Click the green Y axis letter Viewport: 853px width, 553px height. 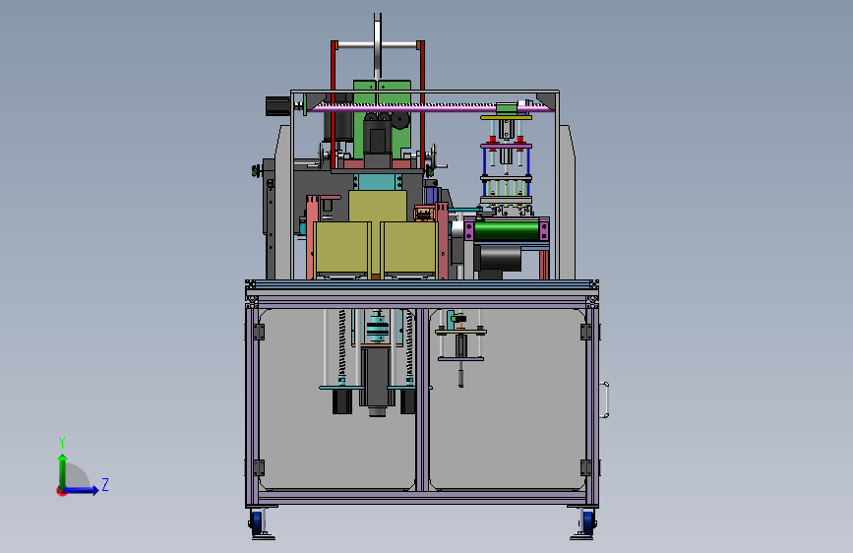62,443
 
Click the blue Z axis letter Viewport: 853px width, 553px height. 105,484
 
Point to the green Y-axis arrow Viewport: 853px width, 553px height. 63,471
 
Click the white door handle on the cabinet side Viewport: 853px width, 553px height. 604,400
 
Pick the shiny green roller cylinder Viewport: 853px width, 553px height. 507,230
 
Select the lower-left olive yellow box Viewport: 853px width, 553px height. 340,248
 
